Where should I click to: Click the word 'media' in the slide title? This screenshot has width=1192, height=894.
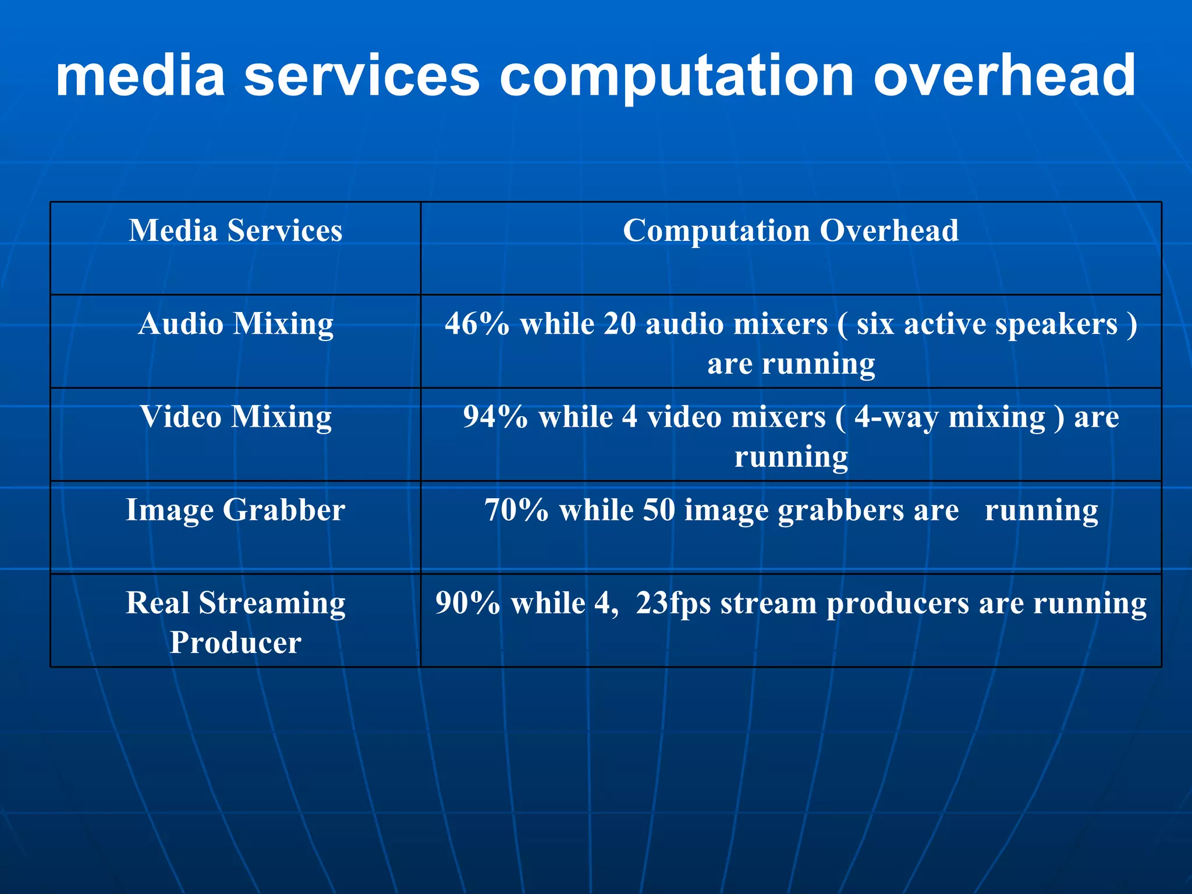point(140,76)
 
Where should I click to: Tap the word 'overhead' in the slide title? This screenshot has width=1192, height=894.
point(1003,76)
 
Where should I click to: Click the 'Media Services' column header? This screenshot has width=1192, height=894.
point(235,230)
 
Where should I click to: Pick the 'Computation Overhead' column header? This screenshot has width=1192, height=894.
point(790,230)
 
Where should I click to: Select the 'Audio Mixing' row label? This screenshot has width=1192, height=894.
point(235,324)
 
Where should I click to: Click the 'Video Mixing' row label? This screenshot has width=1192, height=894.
point(235,417)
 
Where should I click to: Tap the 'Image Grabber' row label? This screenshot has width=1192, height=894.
point(235,510)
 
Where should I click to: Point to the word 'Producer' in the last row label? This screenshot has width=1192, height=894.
point(235,643)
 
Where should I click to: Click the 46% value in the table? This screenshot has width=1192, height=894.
point(477,324)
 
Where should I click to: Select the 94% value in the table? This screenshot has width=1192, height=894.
point(495,417)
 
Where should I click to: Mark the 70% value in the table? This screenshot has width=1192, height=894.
point(516,510)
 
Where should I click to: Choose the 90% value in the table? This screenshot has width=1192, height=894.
point(467,604)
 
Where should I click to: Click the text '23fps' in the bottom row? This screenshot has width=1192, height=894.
point(673,604)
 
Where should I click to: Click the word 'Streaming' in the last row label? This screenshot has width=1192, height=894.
point(272,604)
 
